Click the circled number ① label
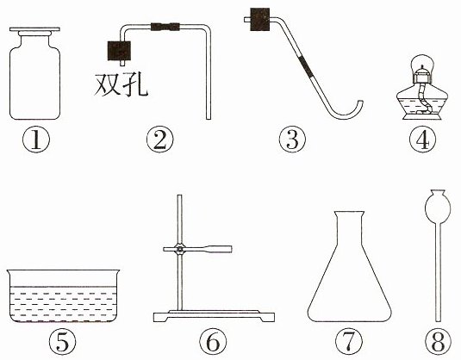[x=36, y=140]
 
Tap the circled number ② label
[x=160, y=140]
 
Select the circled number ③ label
[x=292, y=140]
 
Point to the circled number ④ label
[x=422, y=140]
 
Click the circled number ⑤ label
[x=62, y=342]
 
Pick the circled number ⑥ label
[x=213, y=342]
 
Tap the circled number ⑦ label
[x=349, y=342]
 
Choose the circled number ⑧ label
[x=438, y=342]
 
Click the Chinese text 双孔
[x=121, y=84]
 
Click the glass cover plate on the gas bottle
[x=34, y=29]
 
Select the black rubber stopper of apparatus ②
[x=119, y=51]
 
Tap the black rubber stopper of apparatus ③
[x=259, y=19]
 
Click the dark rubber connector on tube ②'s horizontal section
[x=165, y=27]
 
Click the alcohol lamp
[x=422, y=87]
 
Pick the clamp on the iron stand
[x=197, y=249]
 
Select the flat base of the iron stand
[x=214, y=316]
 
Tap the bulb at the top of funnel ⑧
[x=438, y=205]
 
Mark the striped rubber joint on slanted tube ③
[x=306, y=66]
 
